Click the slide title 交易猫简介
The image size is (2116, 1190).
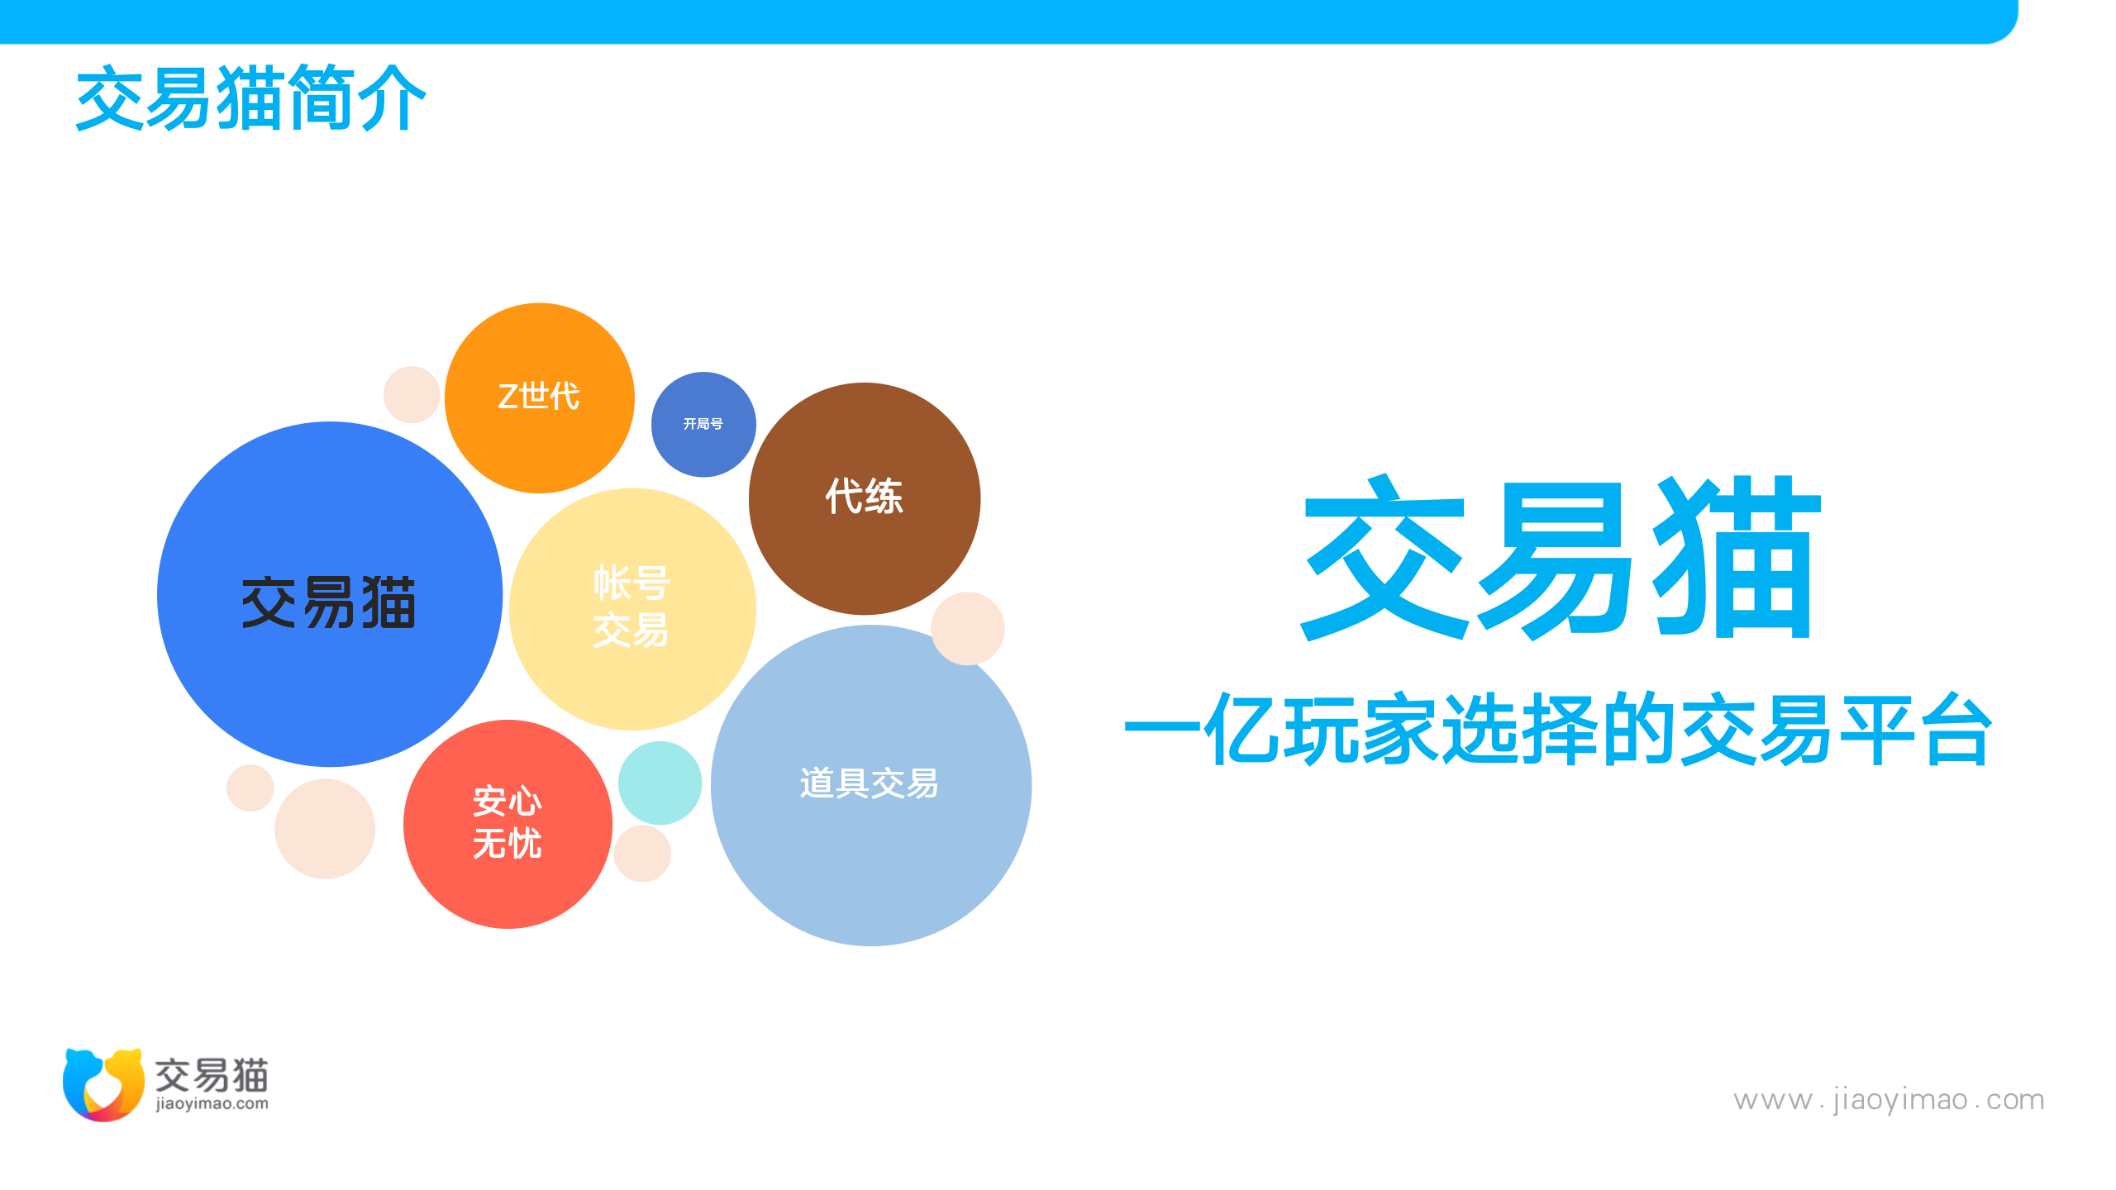(250, 98)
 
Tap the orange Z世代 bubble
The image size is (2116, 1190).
(540, 397)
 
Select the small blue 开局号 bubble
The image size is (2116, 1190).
(703, 424)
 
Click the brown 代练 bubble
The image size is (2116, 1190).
(865, 498)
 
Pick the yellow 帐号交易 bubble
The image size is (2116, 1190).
(632, 609)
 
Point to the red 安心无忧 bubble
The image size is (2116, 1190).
(508, 824)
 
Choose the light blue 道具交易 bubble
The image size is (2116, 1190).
(871, 785)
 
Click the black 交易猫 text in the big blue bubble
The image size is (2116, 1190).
(329, 602)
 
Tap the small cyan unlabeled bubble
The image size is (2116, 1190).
(660, 783)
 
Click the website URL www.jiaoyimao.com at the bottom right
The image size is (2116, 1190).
(1889, 1100)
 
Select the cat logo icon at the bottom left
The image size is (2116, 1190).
(103, 1084)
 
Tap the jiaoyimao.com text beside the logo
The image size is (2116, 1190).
(212, 1104)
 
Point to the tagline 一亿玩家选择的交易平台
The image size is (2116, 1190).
(1559, 729)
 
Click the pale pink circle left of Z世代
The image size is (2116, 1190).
(412, 394)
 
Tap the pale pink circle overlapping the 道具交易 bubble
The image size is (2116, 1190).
(968, 628)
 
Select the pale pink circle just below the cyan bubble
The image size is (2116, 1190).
(642, 853)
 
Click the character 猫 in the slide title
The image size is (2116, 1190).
(250, 98)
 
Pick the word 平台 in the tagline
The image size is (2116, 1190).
(1917, 729)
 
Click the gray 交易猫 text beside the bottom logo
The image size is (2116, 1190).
(212, 1074)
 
